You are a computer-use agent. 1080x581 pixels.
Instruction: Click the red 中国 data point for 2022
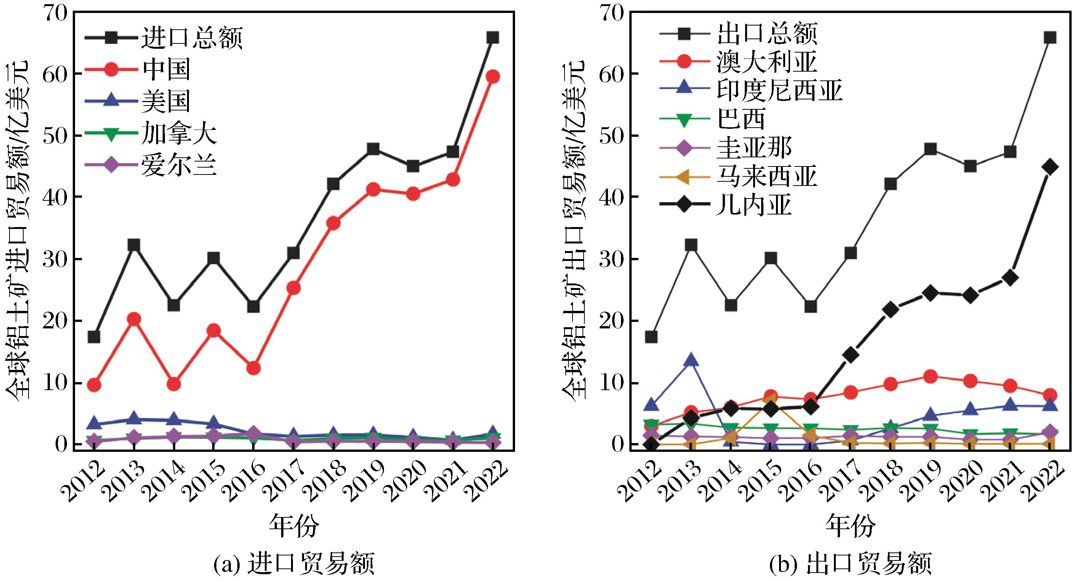pos(493,76)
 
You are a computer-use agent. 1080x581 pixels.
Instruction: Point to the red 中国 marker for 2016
pos(253,368)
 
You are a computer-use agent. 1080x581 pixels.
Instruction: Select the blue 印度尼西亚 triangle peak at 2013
pos(691,360)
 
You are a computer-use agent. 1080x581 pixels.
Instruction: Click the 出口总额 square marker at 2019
pos(930,149)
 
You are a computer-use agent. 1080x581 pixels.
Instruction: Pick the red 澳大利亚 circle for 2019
pos(930,376)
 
